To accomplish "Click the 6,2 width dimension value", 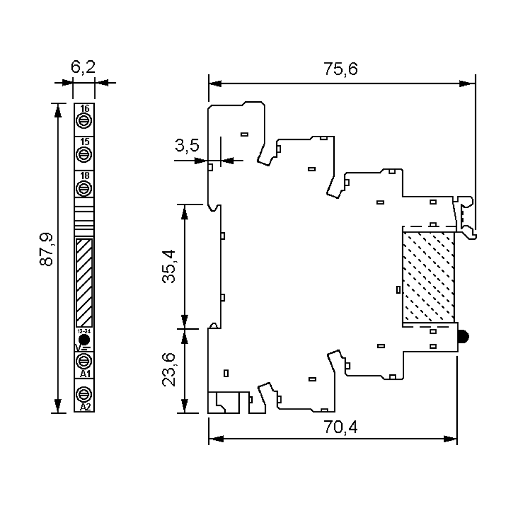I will (x=83, y=67).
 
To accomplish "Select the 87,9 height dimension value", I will (x=46, y=249).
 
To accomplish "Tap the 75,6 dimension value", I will (x=341, y=69).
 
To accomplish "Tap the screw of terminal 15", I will (x=84, y=155).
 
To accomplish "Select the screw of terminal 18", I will (x=84, y=188).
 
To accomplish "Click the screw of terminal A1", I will (x=84, y=362).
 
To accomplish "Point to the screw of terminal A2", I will (x=84, y=394).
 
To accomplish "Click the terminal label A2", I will (x=85, y=407).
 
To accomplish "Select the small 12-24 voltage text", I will (x=84, y=331).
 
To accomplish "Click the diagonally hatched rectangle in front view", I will (x=84, y=282).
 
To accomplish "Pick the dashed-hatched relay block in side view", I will (x=428, y=277).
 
